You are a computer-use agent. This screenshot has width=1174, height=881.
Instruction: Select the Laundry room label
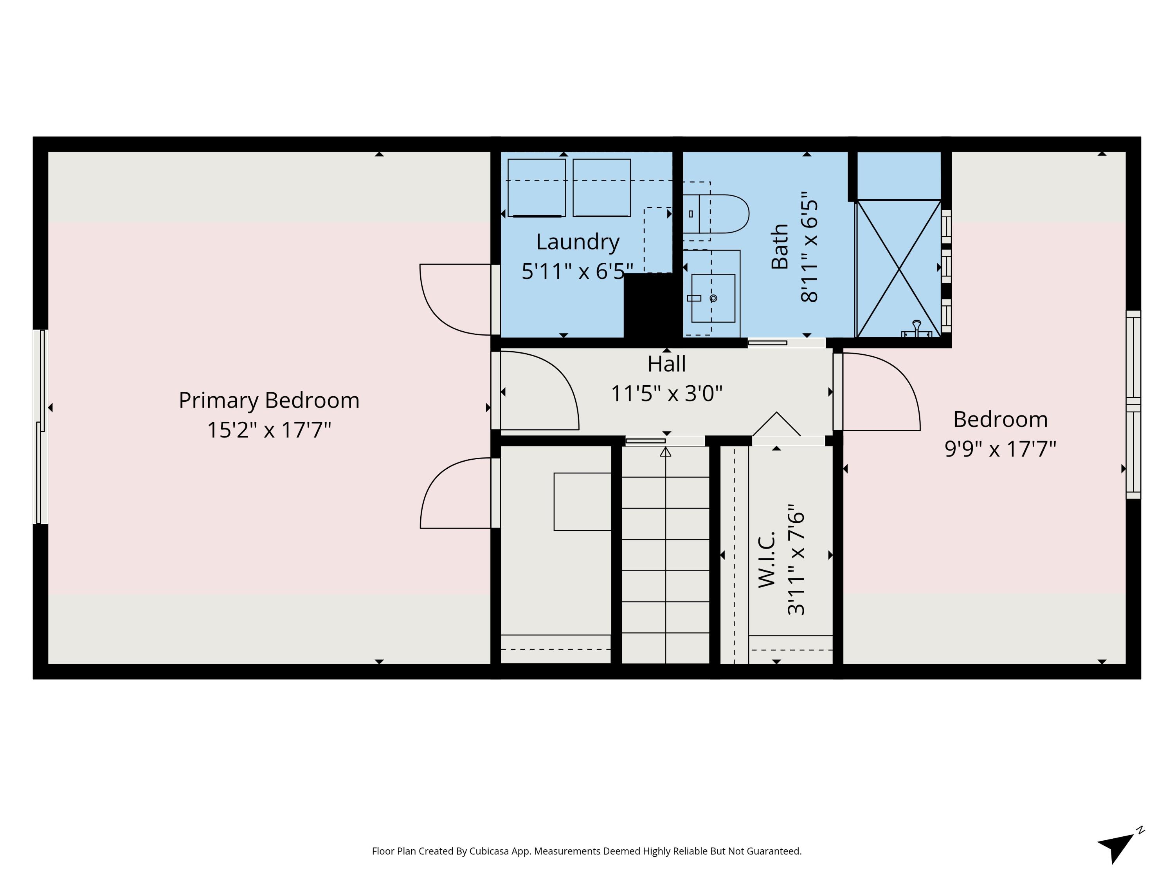point(578,242)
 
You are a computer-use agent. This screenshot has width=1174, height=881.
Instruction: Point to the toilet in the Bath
point(717,213)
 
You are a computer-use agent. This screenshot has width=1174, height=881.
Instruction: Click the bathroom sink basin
point(713,298)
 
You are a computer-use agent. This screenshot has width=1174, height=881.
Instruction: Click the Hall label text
point(666,364)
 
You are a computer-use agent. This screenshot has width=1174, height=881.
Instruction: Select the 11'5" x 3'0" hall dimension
point(666,394)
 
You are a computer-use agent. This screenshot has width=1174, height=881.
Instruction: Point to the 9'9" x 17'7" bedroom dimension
point(1000,449)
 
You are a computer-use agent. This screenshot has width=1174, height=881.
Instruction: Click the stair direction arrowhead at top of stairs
point(666,452)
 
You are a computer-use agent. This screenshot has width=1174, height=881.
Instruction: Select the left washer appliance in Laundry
point(536,188)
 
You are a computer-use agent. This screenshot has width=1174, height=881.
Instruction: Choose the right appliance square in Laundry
point(601,188)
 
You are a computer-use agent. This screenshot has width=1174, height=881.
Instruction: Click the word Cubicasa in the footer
point(489,851)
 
